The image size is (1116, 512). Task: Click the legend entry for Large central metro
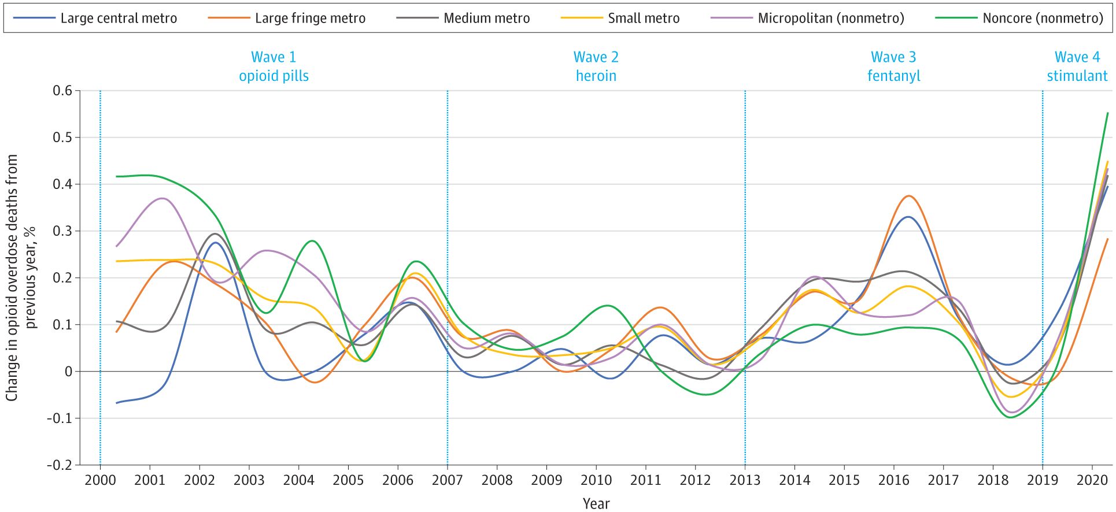pyautogui.click(x=95, y=18)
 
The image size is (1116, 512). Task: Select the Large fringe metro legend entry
pyautogui.click(x=287, y=18)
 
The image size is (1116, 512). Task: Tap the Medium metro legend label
pyautogui.click(x=463, y=18)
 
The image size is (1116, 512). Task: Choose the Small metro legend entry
pyautogui.click(x=620, y=18)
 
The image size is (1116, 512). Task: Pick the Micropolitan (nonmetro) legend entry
pyautogui.click(x=808, y=18)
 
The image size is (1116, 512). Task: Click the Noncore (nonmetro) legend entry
pyautogui.click(x=1019, y=18)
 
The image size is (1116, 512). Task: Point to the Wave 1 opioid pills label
pyautogui.click(x=274, y=66)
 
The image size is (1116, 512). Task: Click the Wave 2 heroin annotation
pyautogui.click(x=596, y=66)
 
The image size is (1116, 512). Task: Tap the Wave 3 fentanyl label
pyautogui.click(x=893, y=66)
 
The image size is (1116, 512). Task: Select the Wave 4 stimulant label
pyautogui.click(x=1077, y=66)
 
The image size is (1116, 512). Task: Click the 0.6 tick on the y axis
pyautogui.click(x=62, y=91)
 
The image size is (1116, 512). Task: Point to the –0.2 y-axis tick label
pyautogui.click(x=60, y=465)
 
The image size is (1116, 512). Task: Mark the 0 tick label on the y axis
pyautogui.click(x=69, y=372)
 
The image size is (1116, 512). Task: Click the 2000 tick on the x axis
pyautogui.click(x=100, y=480)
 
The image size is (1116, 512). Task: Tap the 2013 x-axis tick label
pyautogui.click(x=745, y=480)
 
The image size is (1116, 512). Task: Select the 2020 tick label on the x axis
pyautogui.click(x=1092, y=480)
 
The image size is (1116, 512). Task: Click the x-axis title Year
pyautogui.click(x=596, y=503)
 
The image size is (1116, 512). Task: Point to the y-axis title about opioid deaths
pyautogui.click(x=21, y=277)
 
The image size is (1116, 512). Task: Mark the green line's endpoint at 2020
pyautogui.click(x=1107, y=113)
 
